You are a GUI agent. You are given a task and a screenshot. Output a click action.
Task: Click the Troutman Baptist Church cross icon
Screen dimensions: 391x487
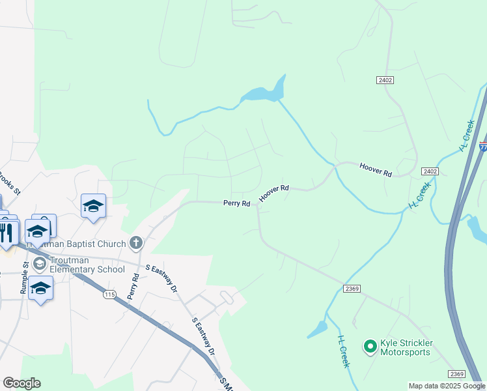coord(136,244)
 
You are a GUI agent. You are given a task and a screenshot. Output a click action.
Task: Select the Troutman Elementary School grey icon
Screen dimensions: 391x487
coord(39,263)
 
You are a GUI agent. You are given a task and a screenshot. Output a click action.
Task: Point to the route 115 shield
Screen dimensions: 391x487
coord(109,295)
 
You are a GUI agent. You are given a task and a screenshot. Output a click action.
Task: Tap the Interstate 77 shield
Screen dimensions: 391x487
coord(483,147)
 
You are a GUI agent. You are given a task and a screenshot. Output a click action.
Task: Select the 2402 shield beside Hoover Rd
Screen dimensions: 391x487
coord(429,171)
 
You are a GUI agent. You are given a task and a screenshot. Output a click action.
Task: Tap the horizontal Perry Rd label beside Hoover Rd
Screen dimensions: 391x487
coord(237,203)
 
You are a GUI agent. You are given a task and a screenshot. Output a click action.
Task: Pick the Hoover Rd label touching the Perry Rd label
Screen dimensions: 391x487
coord(273,193)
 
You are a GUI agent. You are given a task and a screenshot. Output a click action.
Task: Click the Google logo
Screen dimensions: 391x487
coord(21,383)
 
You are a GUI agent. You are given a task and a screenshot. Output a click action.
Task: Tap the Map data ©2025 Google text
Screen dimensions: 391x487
coord(447,386)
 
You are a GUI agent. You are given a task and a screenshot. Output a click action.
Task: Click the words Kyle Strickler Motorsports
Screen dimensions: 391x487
coord(406,347)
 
